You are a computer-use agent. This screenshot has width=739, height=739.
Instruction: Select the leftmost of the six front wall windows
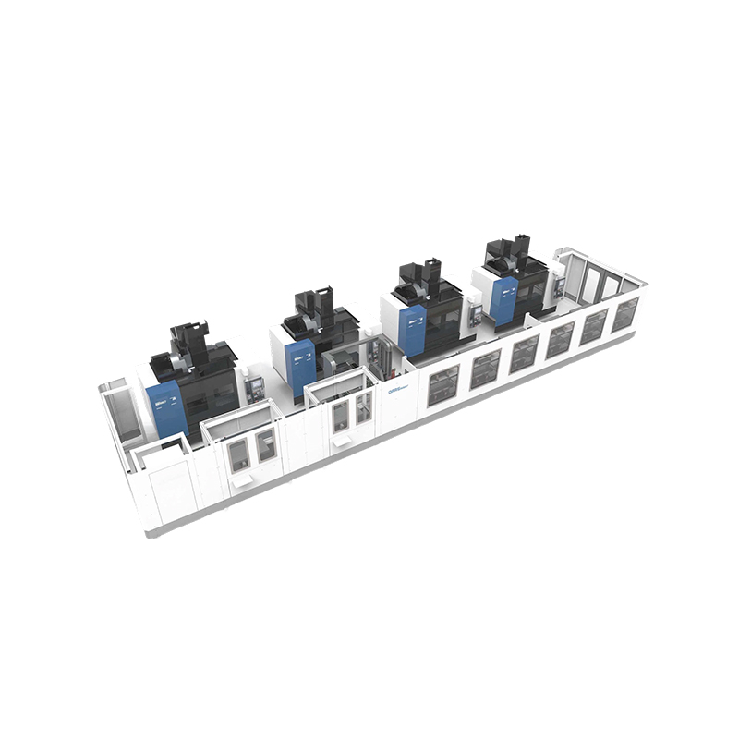click(442, 384)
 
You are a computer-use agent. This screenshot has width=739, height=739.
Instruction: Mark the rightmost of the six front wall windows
click(625, 313)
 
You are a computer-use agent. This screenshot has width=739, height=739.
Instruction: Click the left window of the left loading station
click(237, 453)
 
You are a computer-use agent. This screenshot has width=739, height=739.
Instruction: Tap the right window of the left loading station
click(266, 443)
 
